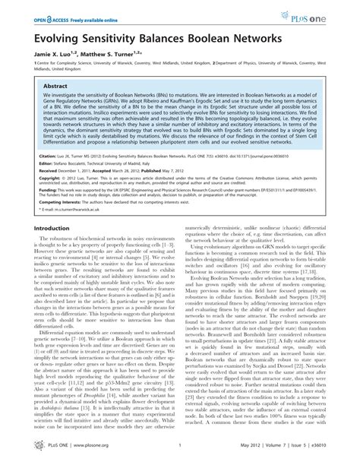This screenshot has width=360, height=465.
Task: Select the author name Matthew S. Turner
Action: (x=114, y=55)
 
